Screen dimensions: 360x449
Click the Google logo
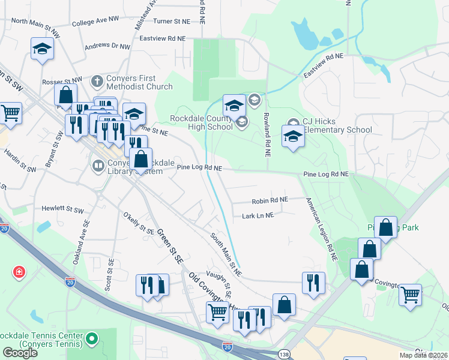[20, 352]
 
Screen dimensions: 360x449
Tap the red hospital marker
[19, 272]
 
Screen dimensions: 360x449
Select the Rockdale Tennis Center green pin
[92, 339]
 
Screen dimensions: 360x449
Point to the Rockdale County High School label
[201, 122]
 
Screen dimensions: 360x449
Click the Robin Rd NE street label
[270, 200]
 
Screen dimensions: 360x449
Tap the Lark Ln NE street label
[258, 215]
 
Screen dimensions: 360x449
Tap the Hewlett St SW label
[63, 210]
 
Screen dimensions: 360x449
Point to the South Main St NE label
[226, 254]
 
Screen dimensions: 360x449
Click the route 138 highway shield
[282, 355]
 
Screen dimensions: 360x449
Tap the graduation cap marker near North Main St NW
[43, 49]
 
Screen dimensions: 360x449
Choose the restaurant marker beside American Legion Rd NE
[313, 283]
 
